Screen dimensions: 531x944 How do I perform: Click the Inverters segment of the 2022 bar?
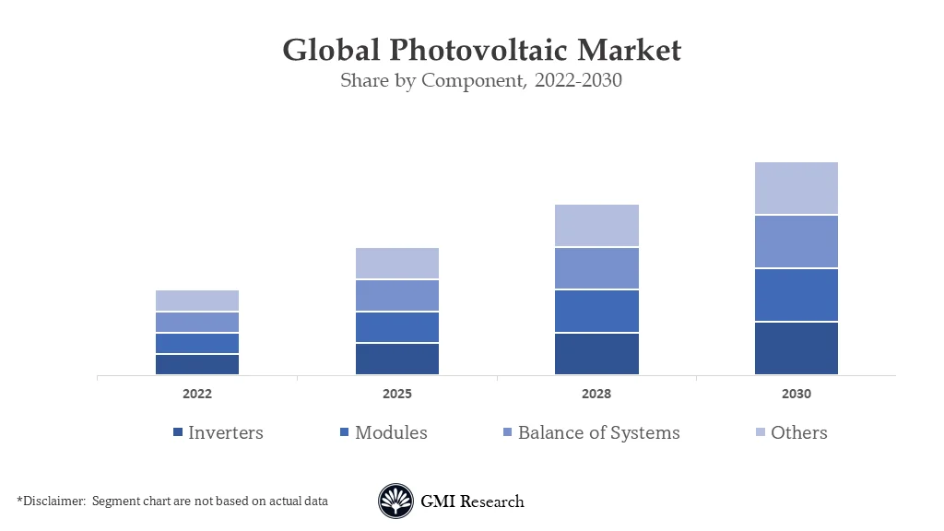coord(197,364)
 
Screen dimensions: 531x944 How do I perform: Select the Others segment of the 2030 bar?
coord(796,188)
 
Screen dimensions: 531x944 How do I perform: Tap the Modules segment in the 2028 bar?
coord(596,311)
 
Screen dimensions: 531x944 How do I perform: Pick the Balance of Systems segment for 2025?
coord(396,295)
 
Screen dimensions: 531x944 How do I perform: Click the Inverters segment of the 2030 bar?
coord(796,348)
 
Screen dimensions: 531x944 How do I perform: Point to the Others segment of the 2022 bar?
coord(197,301)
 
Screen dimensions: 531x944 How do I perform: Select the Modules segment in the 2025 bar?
coord(396,327)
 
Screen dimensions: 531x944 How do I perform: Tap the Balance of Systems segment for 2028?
coord(596,268)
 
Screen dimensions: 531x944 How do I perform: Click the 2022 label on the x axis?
coord(197,394)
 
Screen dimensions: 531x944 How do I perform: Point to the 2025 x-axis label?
coord(396,394)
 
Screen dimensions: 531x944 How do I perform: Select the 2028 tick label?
coord(596,394)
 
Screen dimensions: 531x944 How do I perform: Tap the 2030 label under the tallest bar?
coord(796,394)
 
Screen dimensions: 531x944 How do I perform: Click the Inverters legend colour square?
coord(177,433)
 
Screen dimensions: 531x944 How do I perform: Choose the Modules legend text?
coord(391,432)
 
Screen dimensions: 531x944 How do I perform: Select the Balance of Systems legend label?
coord(598,432)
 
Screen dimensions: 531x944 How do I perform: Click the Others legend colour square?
coord(760,433)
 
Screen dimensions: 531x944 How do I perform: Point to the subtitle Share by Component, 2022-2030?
coord(481,80)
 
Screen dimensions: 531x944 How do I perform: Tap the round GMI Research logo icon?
coord(395,501)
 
